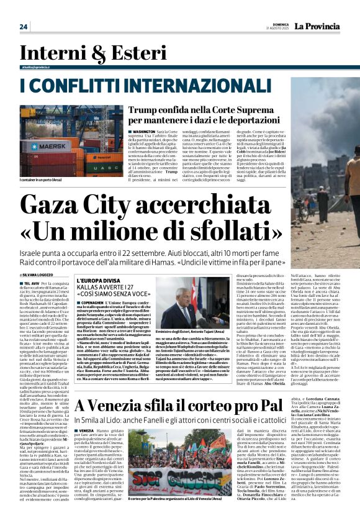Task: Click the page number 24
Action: (x=24, y=26)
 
